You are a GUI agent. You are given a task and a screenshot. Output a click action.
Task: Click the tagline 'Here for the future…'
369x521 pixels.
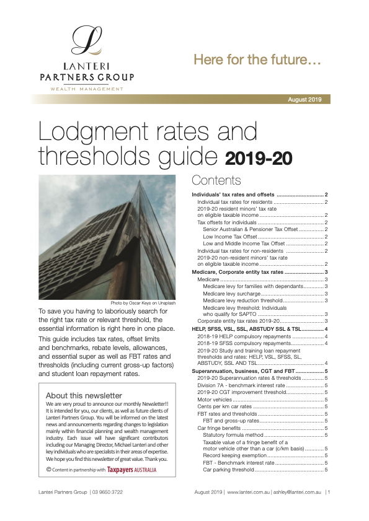257,61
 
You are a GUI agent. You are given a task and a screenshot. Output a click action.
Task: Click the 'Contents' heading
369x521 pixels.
216,180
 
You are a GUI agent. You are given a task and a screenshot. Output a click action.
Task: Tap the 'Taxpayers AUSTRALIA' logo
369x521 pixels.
131,470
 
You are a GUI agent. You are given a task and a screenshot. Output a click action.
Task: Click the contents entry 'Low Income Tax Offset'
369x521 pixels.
229,236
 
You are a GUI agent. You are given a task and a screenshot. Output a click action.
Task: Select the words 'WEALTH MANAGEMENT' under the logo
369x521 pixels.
86,89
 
